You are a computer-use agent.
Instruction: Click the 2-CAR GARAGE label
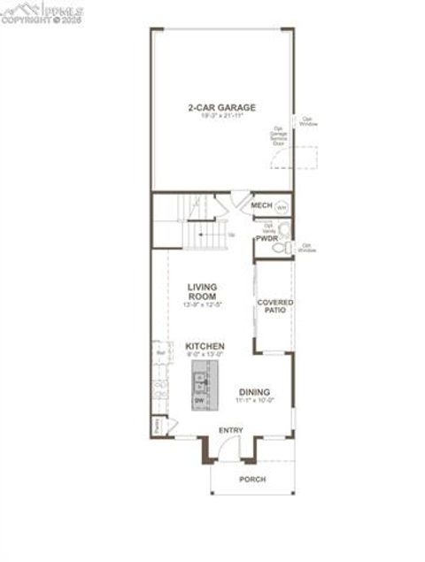click(x=220, y=107)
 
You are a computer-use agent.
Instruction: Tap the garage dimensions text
click(x=220, y=116)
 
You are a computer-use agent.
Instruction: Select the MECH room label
click(x=260, y=205)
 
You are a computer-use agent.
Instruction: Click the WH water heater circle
click(x=281, y=207)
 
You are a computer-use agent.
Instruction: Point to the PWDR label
click(x=267, y=239)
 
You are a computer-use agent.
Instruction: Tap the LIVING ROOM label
click(x=203, y=291)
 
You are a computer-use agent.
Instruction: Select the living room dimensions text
click(x=203, y=305)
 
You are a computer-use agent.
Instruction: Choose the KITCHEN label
click(x=205, y=346)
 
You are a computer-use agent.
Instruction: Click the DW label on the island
click(x=199, y=401)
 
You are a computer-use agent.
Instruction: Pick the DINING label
click(x=254, y=392)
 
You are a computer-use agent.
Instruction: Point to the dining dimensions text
click(x=254, y=401)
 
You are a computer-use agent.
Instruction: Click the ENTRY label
click(x=230, y=431)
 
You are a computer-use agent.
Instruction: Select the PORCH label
click(x=252, y=479)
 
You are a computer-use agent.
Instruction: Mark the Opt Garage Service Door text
click(x=279, y=137)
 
